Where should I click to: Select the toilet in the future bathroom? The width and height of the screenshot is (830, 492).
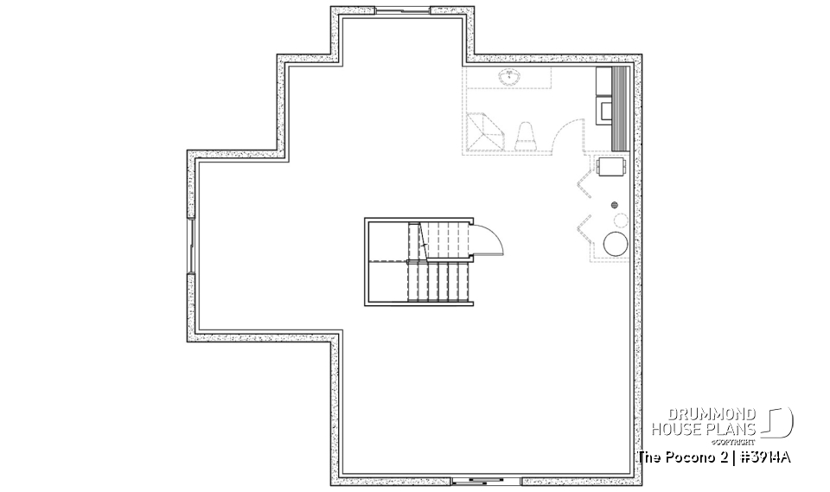point(526,137)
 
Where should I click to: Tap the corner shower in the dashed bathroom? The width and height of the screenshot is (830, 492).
point(482,132)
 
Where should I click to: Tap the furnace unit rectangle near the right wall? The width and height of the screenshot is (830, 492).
point(612,165)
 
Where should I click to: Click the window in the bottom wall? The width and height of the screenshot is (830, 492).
point(476,480)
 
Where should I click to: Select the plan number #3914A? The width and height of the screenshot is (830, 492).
point(766,457)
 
